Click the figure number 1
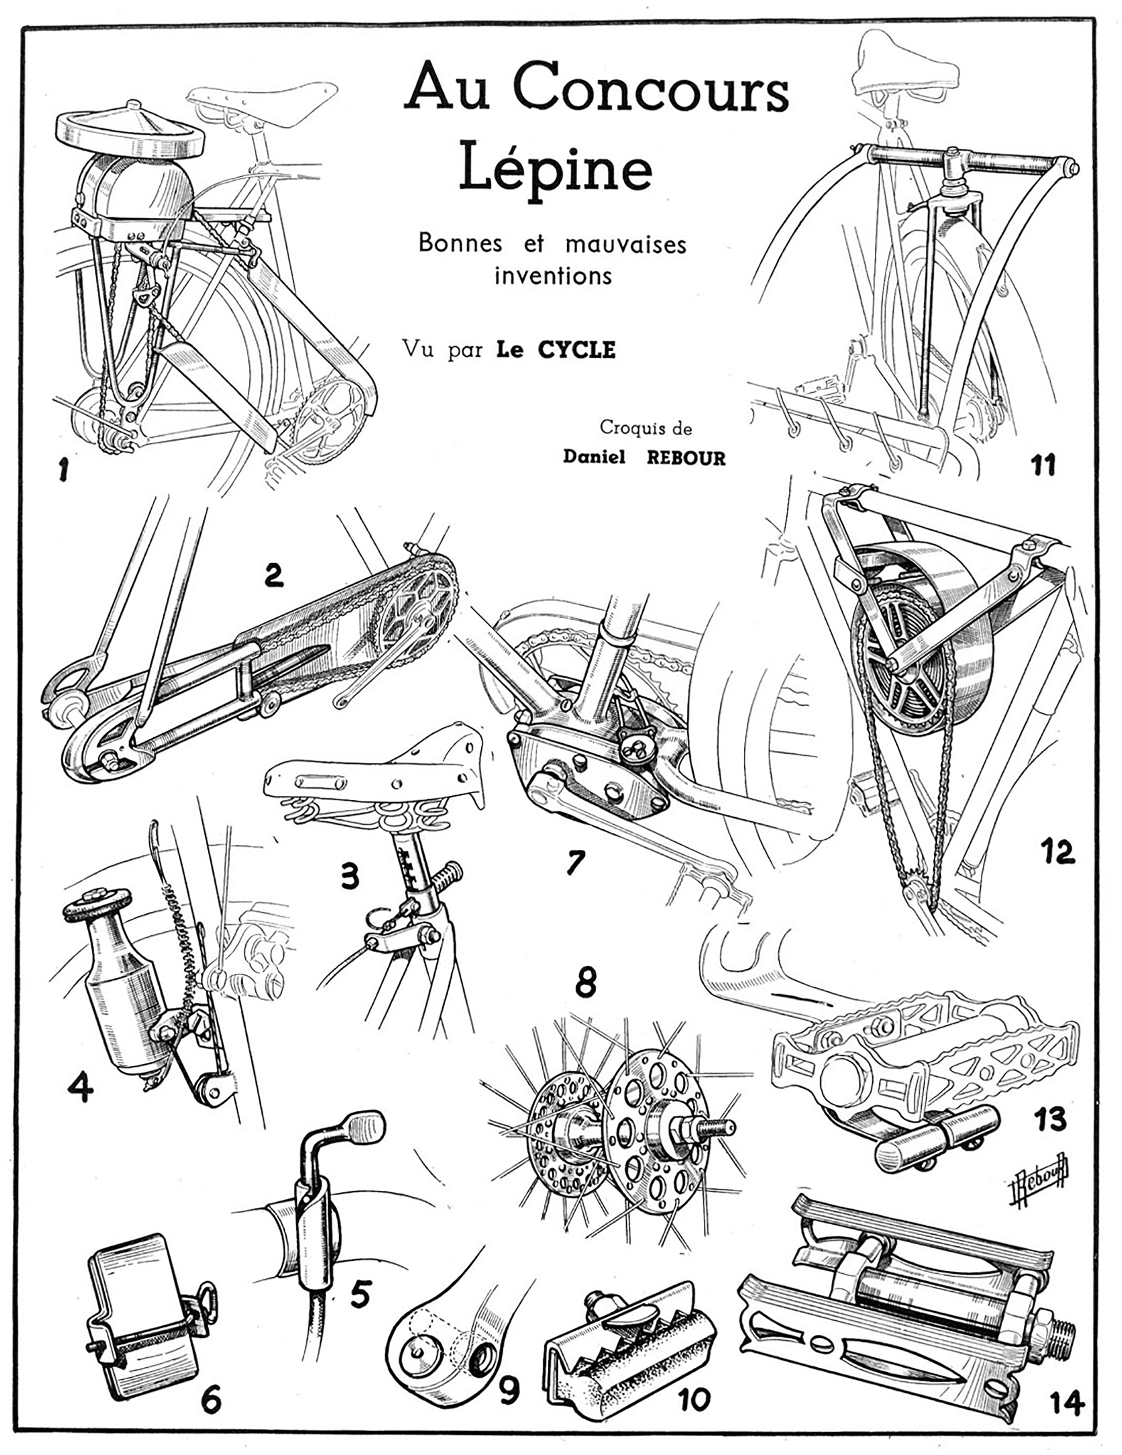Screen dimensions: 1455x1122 pos(64,472)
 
